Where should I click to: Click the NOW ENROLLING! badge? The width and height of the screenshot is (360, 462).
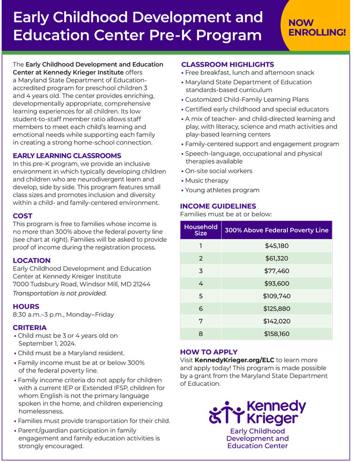tap(317, 27)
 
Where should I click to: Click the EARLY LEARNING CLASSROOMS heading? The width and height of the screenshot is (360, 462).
tap(67, 156)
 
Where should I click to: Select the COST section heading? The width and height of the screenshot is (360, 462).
tap(23, 216)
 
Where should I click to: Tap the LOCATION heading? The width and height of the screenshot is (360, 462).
tap(31, 261)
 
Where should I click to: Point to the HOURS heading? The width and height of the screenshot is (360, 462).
tap(26, 306)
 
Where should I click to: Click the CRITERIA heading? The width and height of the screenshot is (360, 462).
tap(29, 327)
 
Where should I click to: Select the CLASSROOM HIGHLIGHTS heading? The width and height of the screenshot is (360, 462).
tap(227, 65)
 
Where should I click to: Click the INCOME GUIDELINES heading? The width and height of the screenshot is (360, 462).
tap(218, 206)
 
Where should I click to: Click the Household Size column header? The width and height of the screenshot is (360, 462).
tap(201, 230)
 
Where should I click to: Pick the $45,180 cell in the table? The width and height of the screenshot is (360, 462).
tap(277, 246)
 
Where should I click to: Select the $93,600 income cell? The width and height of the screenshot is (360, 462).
tap(277, 283)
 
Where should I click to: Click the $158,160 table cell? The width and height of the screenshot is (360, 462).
tap(277, 334)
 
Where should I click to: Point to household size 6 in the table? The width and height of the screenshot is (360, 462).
tap(201, 308)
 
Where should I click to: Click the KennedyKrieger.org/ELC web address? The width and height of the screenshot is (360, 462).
tap(234, 360)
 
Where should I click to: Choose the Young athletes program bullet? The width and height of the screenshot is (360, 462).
tap(222, 190)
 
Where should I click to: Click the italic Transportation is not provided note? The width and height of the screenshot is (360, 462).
tap(60, 293)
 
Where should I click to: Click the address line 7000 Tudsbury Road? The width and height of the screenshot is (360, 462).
tap(81, 284)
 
